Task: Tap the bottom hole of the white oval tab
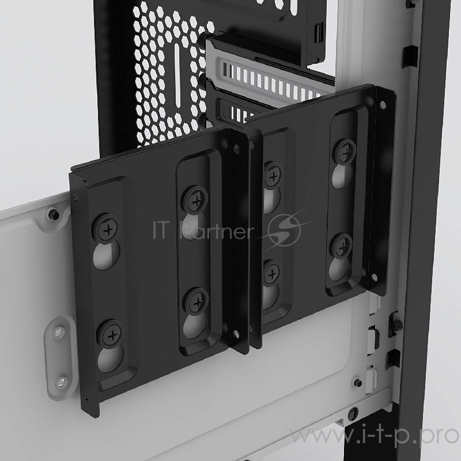tap(59, 381)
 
